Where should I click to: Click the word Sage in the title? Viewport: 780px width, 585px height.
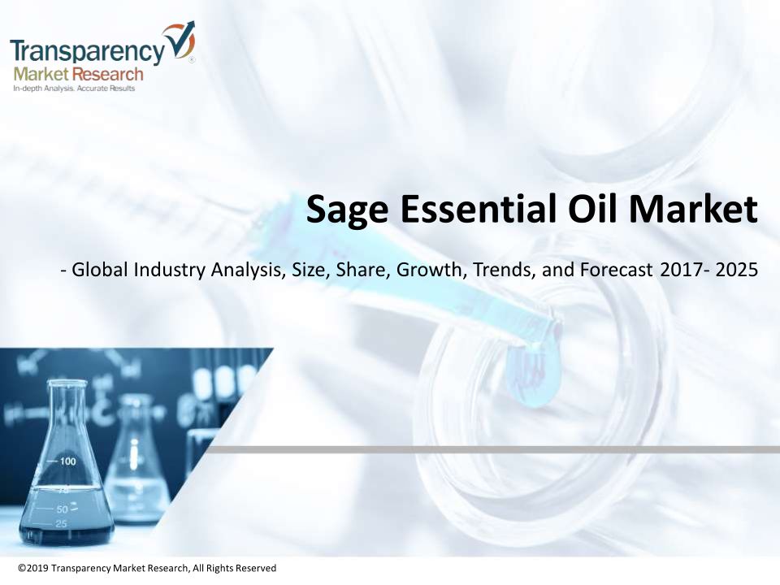pyautogui.click(x=347, y=210)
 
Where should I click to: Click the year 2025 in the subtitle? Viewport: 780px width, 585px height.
pyautogui.click(x=737, y=270)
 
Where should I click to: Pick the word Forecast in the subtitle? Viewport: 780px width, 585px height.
pyautogui.click(x=616, y=270)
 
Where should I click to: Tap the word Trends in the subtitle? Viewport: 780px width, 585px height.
pyautogui.click(x=504, y=270)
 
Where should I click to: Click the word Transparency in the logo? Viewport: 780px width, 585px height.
pyautogui.click(x=87, y=51)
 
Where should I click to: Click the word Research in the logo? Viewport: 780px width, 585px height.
pyautogui.click(x=107, y=75)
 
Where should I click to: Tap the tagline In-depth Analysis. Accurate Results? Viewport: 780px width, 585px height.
pyautogui.click(x=74, y=89)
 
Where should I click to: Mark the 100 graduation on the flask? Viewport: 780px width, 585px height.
pyautogui.click(x=67, y=461)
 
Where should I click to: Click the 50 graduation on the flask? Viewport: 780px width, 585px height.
pyautogui.click(x=63, y=509)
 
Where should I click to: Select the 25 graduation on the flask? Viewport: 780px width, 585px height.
pyautogui.click(x=61, y=523)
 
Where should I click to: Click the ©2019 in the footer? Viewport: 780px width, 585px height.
pyautogui.click(x=33, y=568)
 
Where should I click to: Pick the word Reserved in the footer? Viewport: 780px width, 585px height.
pyautogui.click(x=255, y=568)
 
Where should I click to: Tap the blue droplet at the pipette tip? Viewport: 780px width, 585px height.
pyautogui.click(x=533, y=375)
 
